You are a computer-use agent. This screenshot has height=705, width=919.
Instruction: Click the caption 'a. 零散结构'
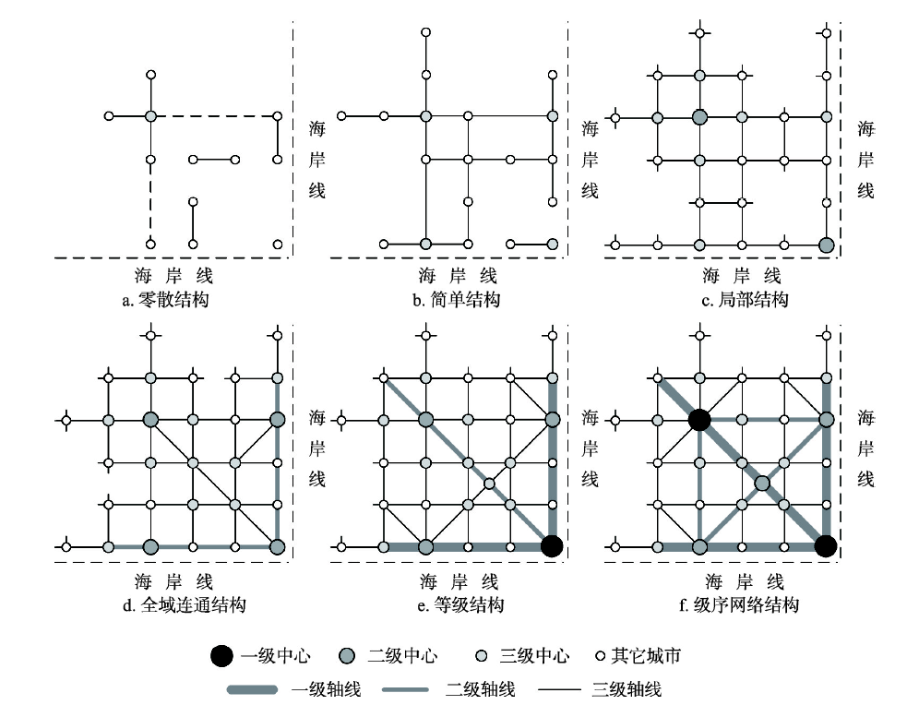tap(173, 299)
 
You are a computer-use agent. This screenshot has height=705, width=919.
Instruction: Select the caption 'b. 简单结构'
tap(457, 299)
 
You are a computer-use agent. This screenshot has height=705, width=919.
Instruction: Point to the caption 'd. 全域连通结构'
tap(173, 605)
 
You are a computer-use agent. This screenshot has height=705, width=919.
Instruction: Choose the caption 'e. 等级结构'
tap(459, 605)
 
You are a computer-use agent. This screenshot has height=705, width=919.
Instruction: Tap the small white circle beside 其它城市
tap(598, 656)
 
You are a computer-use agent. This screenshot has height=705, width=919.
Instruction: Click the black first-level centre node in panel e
tap(551, 545)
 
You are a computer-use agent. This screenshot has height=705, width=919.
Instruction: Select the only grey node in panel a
tap(151, 117)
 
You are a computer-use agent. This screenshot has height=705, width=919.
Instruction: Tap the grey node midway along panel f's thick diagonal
tap(761, 483)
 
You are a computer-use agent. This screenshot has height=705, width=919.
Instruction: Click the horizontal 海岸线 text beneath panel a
tap(173, 275)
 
